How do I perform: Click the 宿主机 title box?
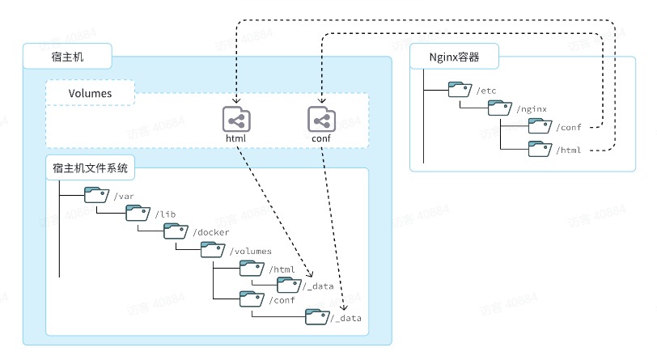coord(67,56)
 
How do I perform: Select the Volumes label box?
coord(90,92)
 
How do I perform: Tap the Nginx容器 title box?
coord(454,56)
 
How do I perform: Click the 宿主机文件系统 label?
coord(90,167)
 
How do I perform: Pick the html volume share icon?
coord(236,119)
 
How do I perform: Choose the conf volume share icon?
coord(321,119)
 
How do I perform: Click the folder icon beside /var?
coord(97,195)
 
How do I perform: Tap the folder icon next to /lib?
coord(138,213)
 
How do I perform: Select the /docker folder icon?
coord(176,231)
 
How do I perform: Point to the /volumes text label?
coord(251,251)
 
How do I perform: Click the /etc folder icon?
coord(460,89)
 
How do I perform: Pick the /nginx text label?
coord(532,109)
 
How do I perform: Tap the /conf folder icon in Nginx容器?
coord(540,125)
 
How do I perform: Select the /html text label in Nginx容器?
coord(569,150)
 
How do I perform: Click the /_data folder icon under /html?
coord(289,285)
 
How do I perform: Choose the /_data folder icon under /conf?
coord(318,317)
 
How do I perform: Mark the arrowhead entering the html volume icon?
coord(236,100)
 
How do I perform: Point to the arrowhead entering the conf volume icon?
coord(321,100)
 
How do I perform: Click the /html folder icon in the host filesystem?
coord(252,269)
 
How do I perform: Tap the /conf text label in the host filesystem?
coord(282,300)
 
